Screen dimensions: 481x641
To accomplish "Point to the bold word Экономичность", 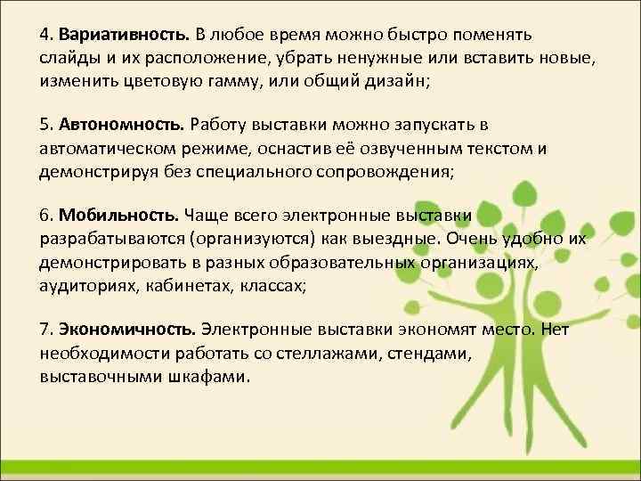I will click(x=128, y=330).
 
